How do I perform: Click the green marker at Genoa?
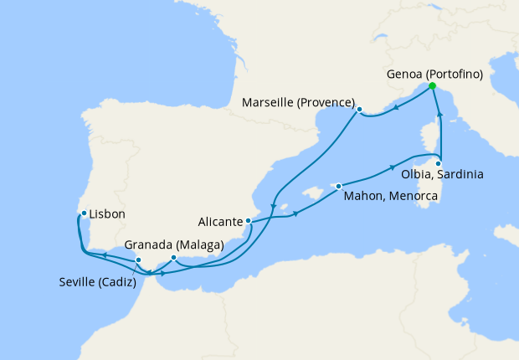coord(432,86)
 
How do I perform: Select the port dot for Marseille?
coord(359,109)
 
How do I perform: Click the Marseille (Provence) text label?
coord(297,103)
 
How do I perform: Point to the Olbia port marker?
coord(438,163)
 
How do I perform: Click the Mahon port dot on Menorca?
coord(338,186)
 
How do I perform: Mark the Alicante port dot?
coord(248,221)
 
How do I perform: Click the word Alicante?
coord(220,222)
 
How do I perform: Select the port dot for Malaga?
coord(173,257)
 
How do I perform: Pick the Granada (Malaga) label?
coord(173,245)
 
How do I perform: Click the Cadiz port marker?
coord(138,260)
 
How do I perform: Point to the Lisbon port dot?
coord(84,213)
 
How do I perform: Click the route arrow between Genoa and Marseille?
coord(394,106)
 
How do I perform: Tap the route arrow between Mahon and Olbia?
coord(392,168)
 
